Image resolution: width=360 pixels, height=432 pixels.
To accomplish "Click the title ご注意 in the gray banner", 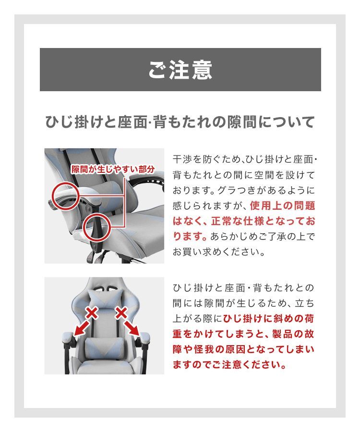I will [x=180, y=70].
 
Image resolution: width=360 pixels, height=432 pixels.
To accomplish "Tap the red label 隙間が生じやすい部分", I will [x=113, y=169].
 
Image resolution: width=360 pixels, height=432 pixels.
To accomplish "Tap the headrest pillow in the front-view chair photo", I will [x=106, y=294].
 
